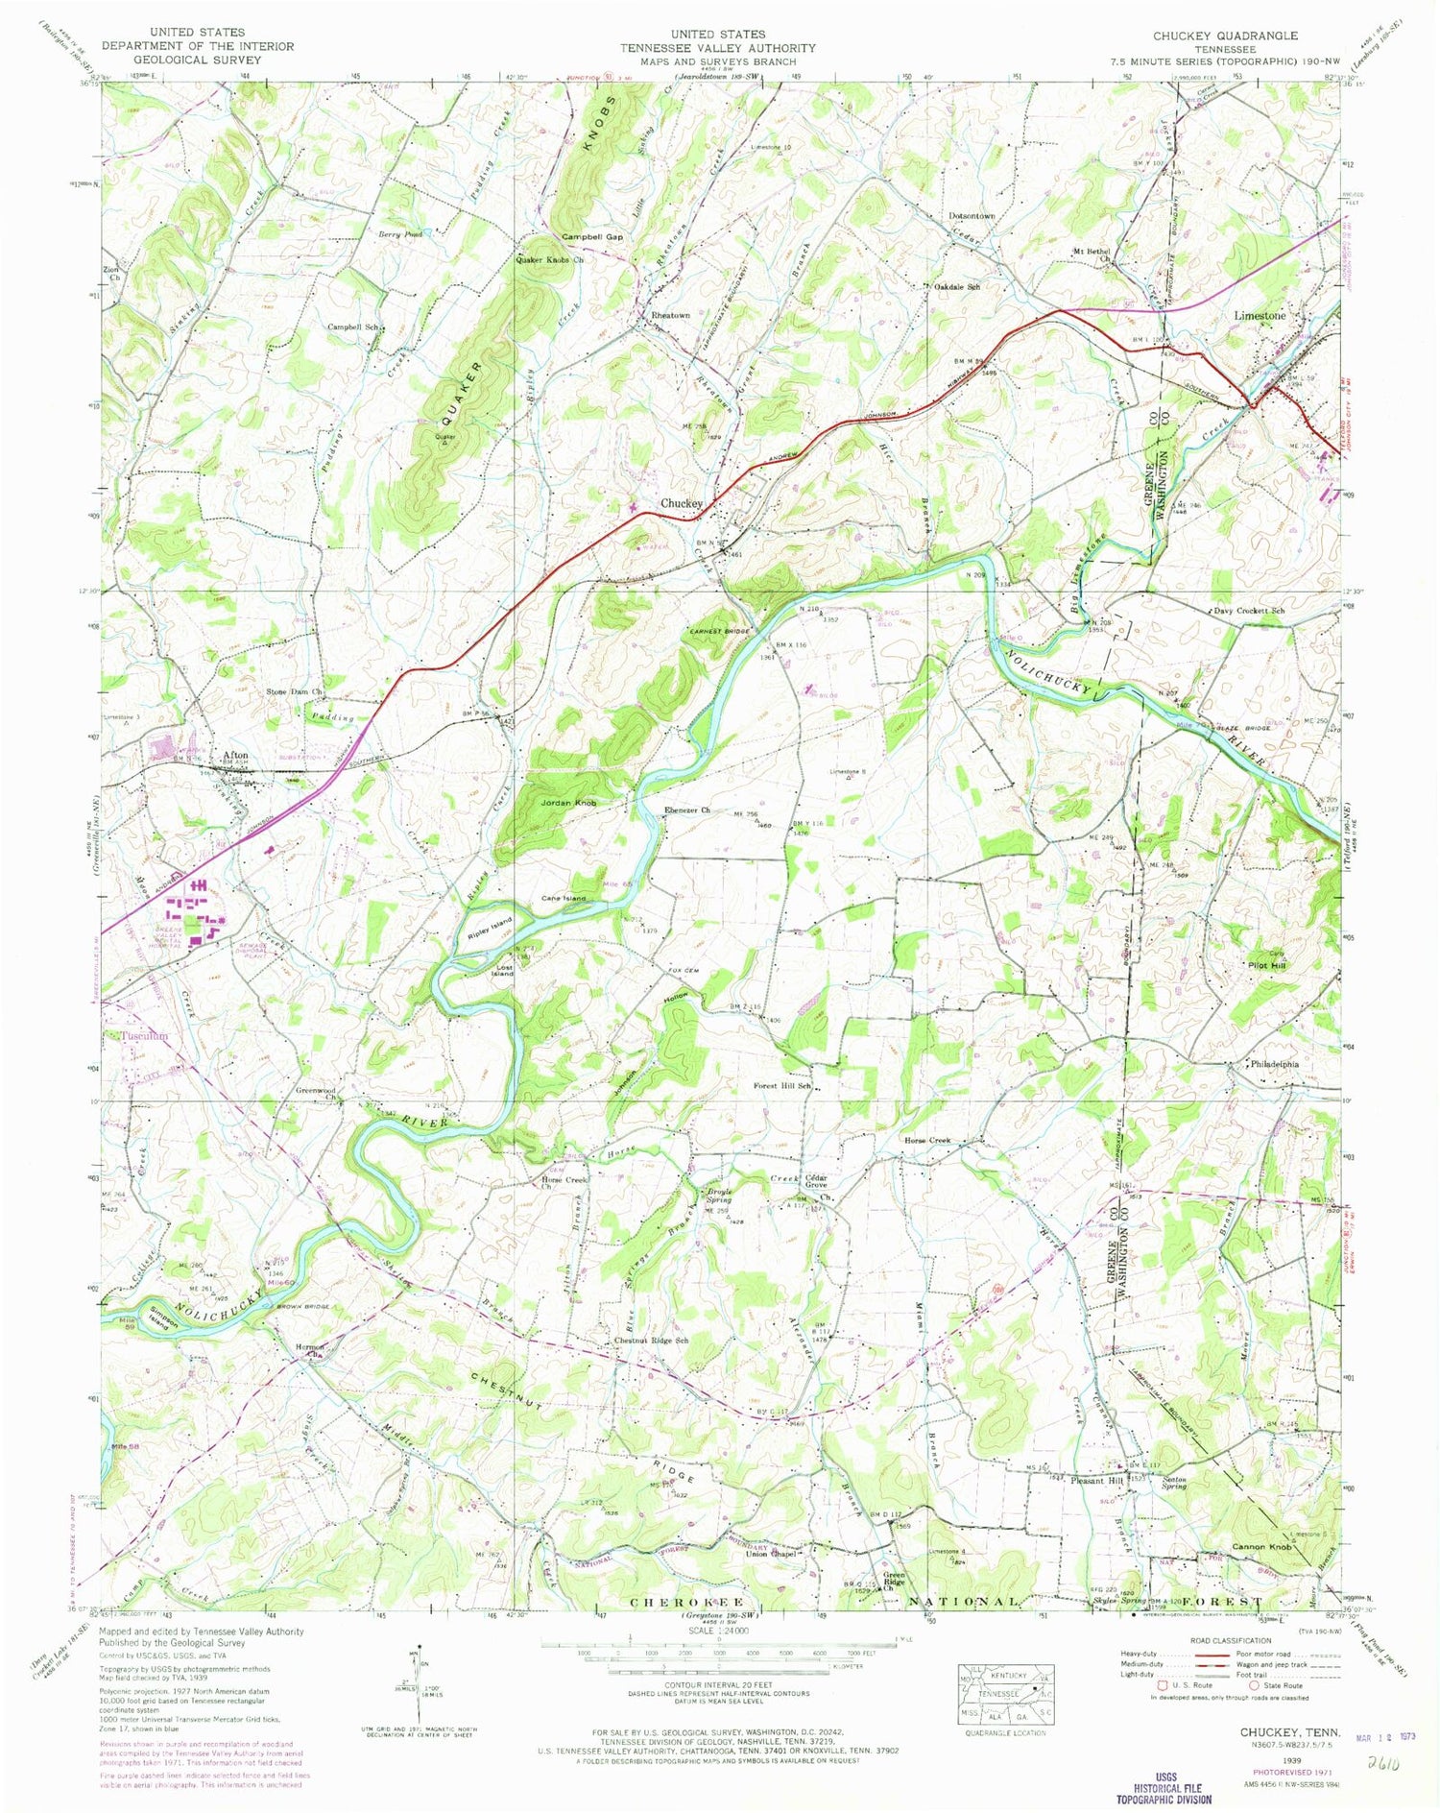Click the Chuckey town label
coord(681,503)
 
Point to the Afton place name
coord(235,755)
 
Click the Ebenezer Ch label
coord(687,810)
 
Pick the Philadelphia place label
coord(1275,1064)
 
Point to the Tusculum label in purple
coord(144,1036)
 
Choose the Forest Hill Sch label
coord(782,1086)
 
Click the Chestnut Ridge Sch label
coord(651,1341)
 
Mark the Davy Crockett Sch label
coord(1248,611)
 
